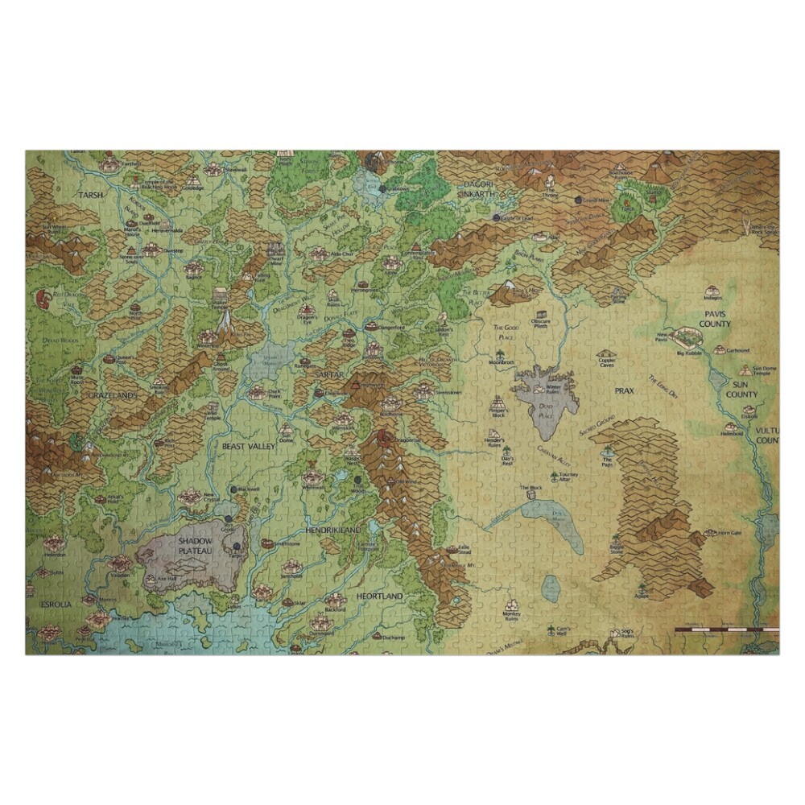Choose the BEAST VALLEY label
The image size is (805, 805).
250,445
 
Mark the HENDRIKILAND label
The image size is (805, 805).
332,532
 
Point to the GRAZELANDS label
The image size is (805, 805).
114,396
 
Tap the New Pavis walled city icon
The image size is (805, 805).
689,336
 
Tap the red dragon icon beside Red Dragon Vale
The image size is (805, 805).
41,300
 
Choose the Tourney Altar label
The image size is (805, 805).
568,477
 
